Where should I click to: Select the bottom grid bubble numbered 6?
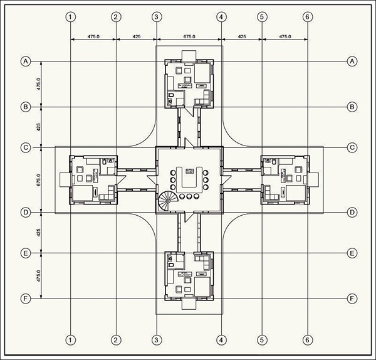[x=307, y=340]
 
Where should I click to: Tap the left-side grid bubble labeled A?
[x=26, y=61]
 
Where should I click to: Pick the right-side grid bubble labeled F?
[x=352, y=298]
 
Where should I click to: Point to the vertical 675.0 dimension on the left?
[x=38, y=180]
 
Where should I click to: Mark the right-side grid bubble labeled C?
[x=352, y=147]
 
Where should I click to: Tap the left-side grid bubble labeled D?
[x=26, y=213]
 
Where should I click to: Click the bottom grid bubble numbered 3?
[x=157, y=340]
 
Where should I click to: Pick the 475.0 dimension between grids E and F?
[x=38, y=275]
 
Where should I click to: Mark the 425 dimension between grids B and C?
[x=38, y=127]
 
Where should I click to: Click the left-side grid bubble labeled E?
[x=26, y=253]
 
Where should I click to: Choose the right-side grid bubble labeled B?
[x=352, y=107]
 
